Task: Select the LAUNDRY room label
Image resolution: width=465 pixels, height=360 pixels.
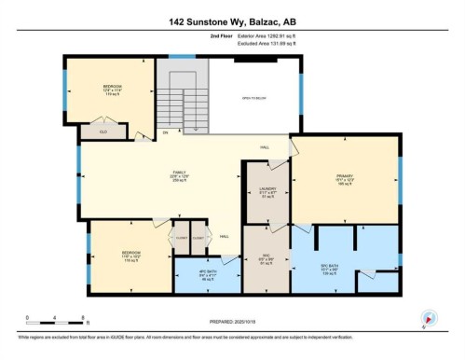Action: pyautogui.click(x=267, y=193)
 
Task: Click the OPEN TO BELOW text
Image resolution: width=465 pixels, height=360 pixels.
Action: pyautogui.click(x=253, y=98)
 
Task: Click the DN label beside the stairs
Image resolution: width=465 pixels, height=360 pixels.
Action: pyautogui.click(x=165, y=132)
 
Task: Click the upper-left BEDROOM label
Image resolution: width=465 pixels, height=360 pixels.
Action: pyautogui.click(x=113, y=88)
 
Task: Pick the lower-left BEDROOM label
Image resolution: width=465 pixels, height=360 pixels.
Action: pyautogui.click(x=130, y=254)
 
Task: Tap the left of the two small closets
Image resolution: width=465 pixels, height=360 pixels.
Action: pyautogui.click(x=176, y=237)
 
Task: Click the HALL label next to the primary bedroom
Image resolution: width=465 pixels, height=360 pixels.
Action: pyautogui.click(x=266, y=149)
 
